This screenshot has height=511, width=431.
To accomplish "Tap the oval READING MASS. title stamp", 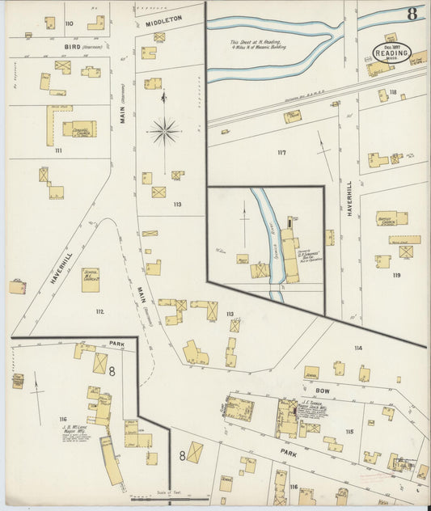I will coord(392,53).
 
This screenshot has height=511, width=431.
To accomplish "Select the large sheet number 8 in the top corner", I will coord(412,13).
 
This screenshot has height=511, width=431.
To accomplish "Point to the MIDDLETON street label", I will coord(164,18).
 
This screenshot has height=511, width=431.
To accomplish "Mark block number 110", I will coord(69,23).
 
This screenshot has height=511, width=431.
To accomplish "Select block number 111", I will coord(58,150).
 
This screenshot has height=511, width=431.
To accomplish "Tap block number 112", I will coord(99,311).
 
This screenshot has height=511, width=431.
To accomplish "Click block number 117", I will coord(281,152).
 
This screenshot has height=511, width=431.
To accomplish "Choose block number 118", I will coord(393,92).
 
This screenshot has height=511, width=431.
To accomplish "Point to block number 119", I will coord(395,275).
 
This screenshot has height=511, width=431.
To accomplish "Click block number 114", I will coord(357,348).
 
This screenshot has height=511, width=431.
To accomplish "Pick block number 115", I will coord(349,431).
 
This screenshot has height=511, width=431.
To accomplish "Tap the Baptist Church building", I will coord(391,217).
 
